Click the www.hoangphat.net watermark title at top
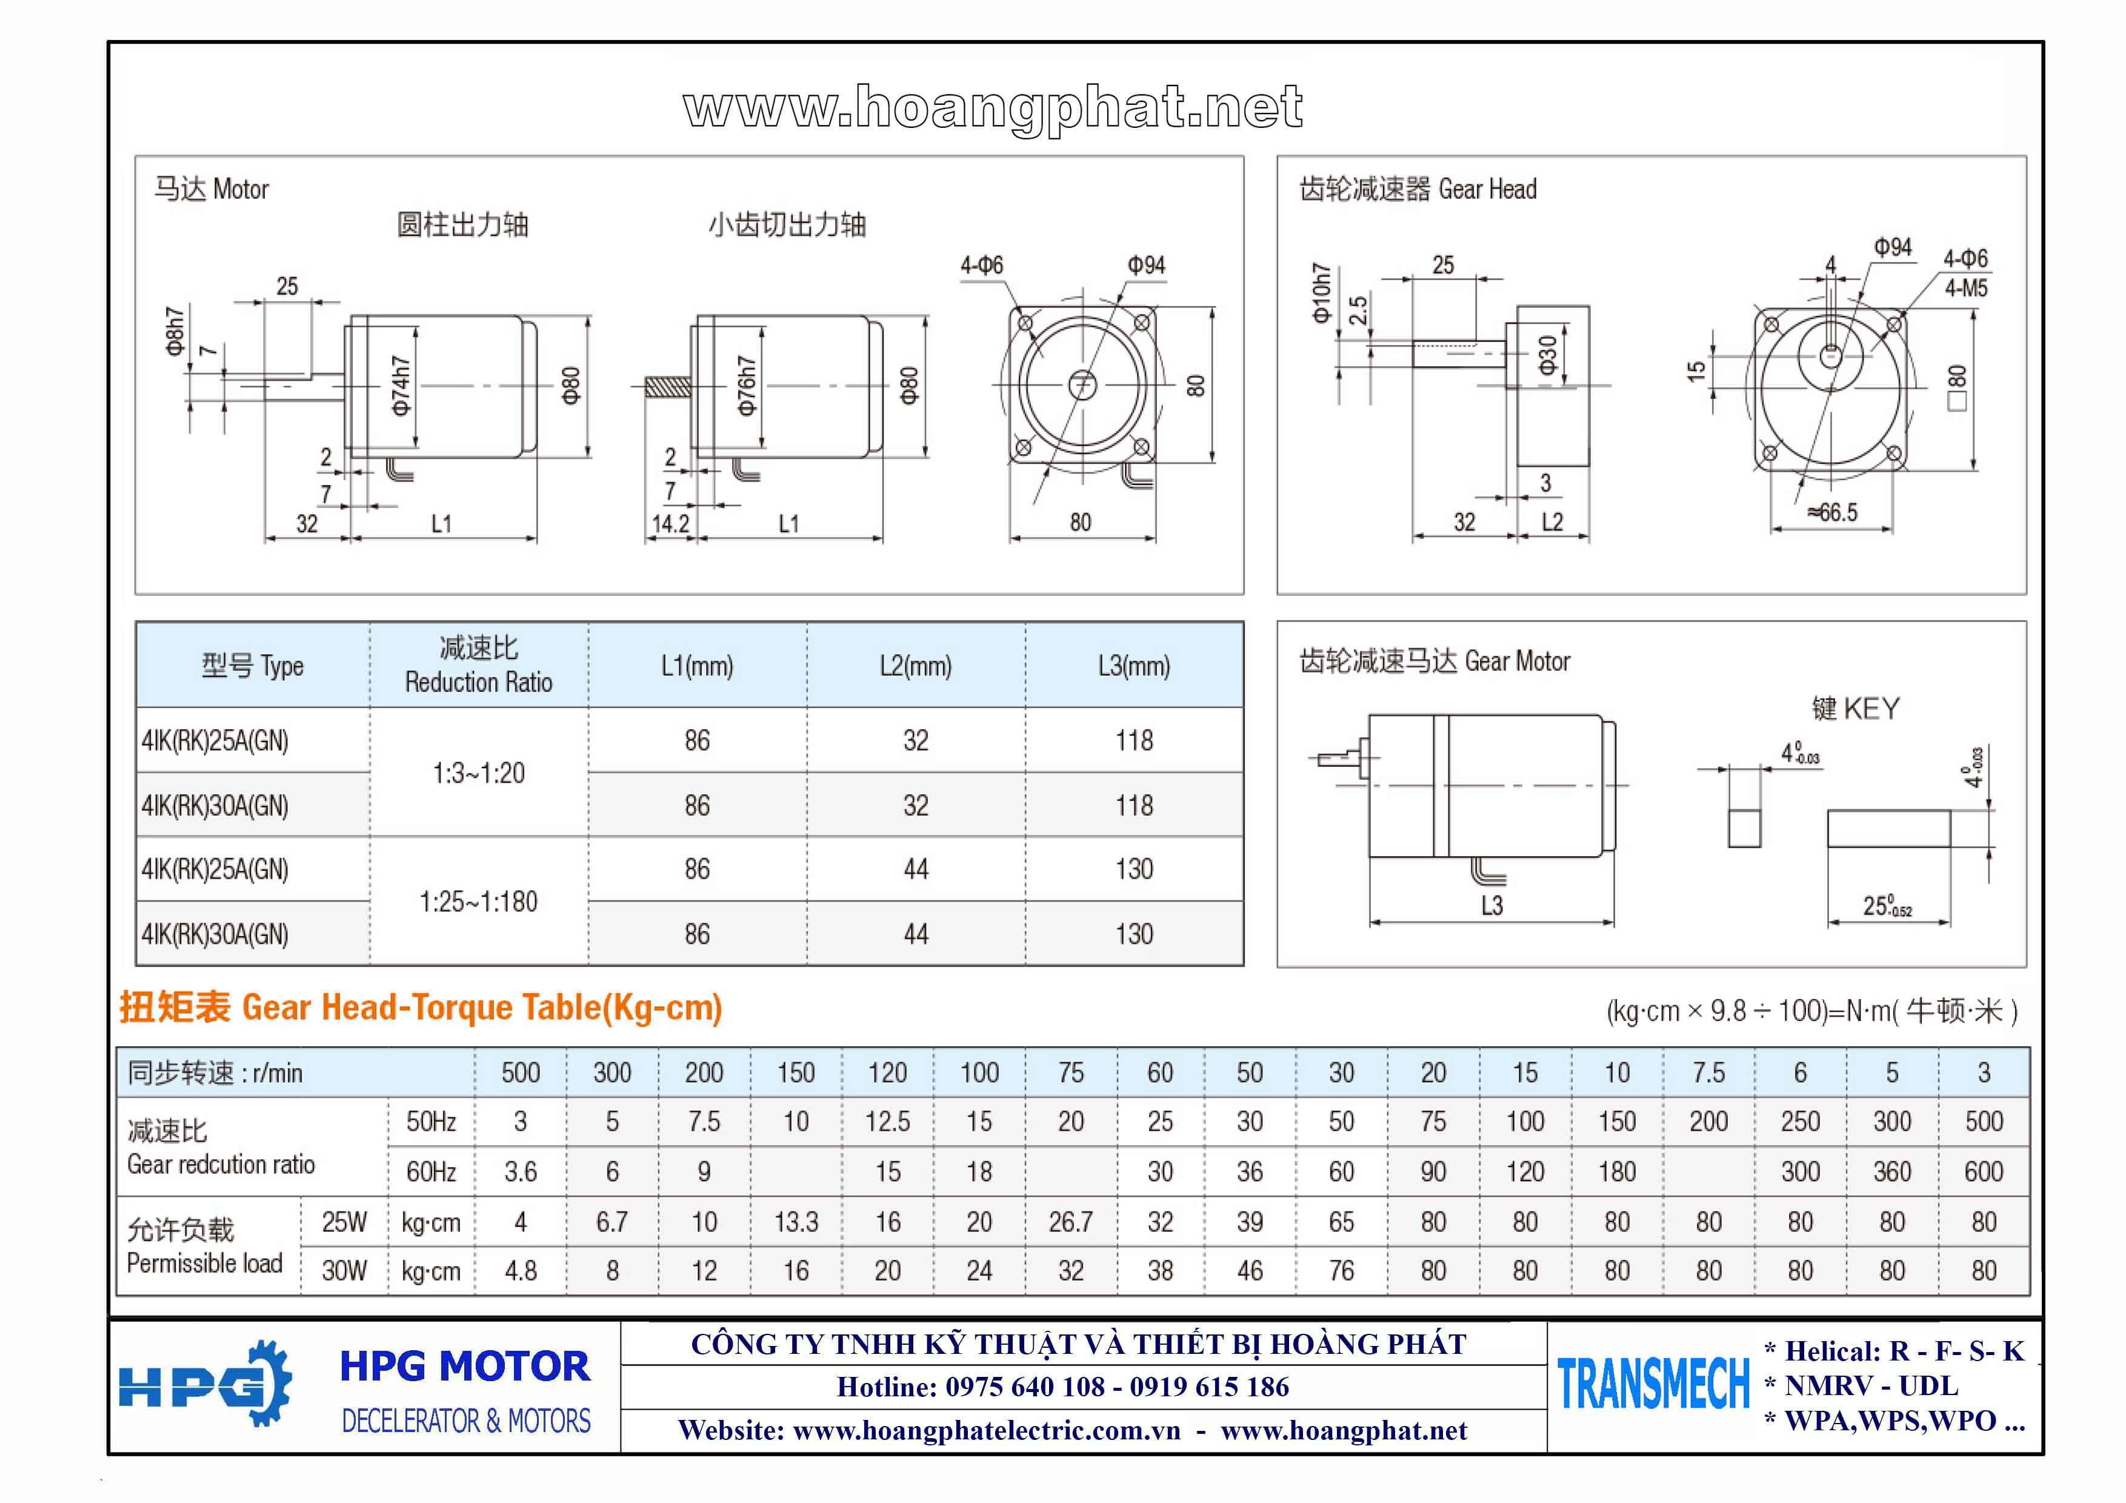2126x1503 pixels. [993, 109]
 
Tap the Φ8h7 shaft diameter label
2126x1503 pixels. [174, 332]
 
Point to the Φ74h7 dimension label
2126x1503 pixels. [400, 385]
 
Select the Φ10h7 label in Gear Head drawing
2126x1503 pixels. [1321, 293]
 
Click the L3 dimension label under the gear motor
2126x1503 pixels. [1491, 905]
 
